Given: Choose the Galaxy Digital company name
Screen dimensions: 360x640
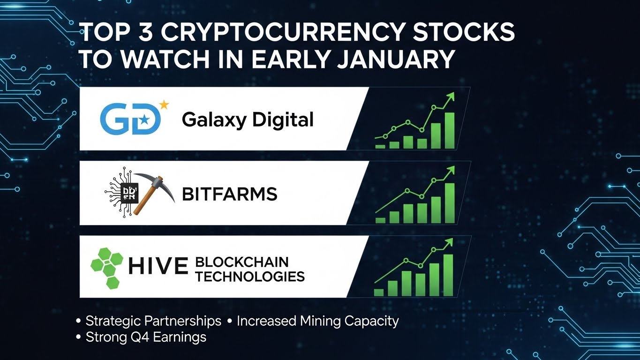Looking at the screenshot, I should pyautogui.click(x=248, y=120).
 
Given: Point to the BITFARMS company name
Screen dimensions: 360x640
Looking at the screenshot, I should pyautogui.click(x=229, y=194).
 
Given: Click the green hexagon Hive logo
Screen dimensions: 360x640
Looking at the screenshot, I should pyautogui.click(x=106, y=264).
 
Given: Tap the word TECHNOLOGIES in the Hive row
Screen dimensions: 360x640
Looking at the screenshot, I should pyautogui.click(x=250, y=276).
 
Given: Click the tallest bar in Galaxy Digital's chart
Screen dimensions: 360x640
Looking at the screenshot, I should pyautogui.click(x=450, y=131).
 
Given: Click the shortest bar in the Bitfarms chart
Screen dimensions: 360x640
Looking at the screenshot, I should pyautogui.click(x=380, y=220).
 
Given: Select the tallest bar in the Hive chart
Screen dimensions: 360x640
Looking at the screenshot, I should pyautogui.click(x=448, y=275).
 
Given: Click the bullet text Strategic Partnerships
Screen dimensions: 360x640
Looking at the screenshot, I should pyautogui.click(x=153, y=321).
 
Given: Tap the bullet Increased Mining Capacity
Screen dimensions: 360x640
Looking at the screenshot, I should pyautogui.click(x=317, y=321).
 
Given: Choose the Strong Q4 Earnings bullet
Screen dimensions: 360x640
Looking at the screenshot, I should pyautogui.click(x=146, y=337).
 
